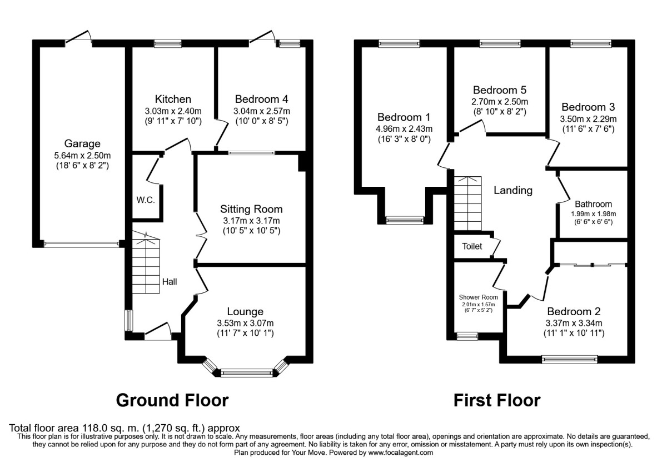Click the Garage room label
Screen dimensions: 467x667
point(81,143)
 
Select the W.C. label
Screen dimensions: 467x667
point(145,200)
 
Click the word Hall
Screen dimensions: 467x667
point(170,282)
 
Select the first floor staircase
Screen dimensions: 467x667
point(467,203)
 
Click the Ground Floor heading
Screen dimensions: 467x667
point(172,400)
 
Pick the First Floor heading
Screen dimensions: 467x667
point(496,400)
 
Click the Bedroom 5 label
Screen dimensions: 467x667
point(499,90)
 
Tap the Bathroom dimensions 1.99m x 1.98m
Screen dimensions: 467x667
point(593,213)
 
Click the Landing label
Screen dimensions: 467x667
point(513,190)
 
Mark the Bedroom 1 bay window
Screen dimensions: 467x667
point(405,220)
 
